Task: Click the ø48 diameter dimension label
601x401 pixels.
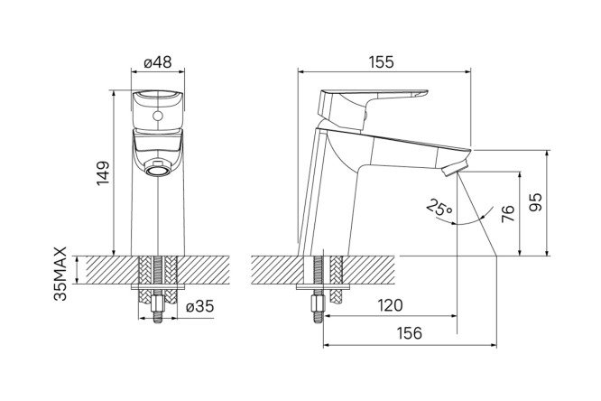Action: [158, 62]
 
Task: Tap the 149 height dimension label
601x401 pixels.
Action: [103, 173]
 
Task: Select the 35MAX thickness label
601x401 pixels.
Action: [60, 274]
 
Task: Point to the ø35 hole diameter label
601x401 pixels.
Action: [199, 306]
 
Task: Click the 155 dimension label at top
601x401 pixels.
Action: [381, 62]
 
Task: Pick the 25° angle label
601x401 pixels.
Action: [439, 207]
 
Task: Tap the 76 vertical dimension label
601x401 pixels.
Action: [507, 213]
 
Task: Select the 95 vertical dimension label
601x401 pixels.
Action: [535, 201]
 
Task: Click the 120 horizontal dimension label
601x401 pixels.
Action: [390, 305]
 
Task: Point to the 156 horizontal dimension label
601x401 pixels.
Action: [409, 333]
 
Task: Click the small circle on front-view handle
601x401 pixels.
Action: [158, 116]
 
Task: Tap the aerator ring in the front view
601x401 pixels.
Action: [158, 169]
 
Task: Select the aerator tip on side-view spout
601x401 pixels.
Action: [455, 169]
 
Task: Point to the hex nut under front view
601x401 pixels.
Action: [158, 305]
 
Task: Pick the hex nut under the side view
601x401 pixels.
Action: [319, 304]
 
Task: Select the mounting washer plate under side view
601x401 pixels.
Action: [324, 287]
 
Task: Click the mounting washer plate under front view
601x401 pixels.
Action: [158, 287]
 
